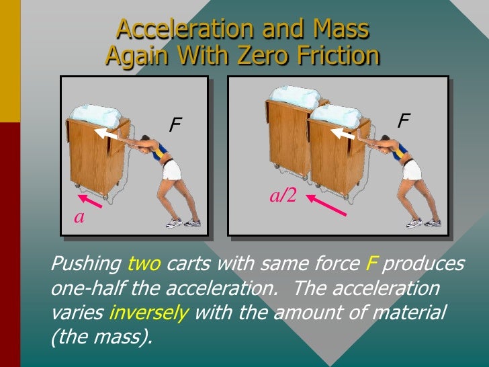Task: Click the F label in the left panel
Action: pos(176,124)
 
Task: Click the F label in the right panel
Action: pos(404,120)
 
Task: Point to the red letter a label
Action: pos(79,217)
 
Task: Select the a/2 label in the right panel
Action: pos(283,195)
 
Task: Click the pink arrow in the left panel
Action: pos(93,201)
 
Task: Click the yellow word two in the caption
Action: pos(144,264)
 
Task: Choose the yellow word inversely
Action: pos(148,313)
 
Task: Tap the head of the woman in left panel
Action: pos(162,141)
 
